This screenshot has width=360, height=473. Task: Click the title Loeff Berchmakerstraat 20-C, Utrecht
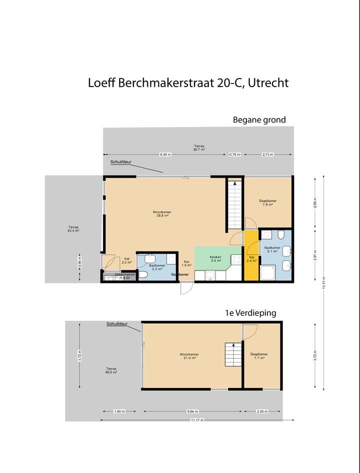(x=188, y=83)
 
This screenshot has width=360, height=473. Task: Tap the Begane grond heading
(x=259, y=120)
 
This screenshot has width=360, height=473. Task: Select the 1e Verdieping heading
(x=250, y=313)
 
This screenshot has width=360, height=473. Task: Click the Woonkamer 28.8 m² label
(x=162, y=214)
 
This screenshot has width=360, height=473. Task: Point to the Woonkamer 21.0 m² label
(x=188, y=356)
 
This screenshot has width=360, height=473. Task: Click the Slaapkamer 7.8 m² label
(x=267, y=202)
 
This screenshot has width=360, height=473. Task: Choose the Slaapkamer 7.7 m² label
(x=258, y=356)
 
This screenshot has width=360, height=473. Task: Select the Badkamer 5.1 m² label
(x=272, y=250)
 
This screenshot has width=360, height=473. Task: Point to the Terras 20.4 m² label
(x=73, y=229)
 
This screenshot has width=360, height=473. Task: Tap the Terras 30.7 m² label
(x=199, y=147)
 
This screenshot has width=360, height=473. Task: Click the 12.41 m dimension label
(x=323, y=283)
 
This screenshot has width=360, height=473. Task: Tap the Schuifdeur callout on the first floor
(x=116, y=324)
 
